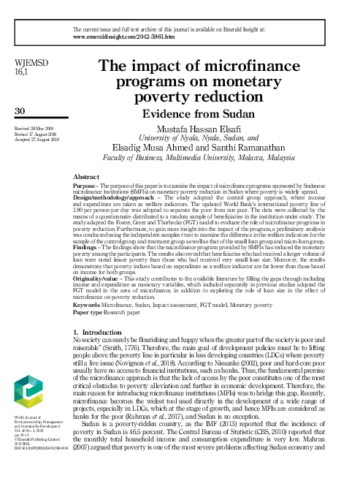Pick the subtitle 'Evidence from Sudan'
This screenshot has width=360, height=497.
pos(223,114)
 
